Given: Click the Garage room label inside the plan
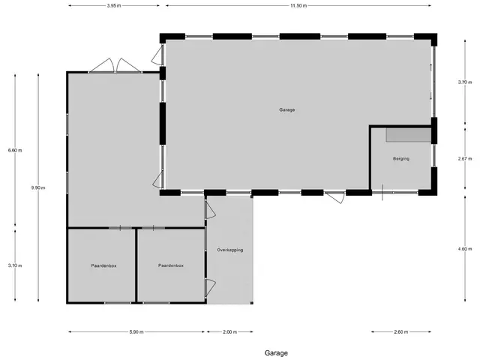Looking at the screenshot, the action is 286,109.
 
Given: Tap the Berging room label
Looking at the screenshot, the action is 401,158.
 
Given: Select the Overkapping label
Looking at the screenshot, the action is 230,250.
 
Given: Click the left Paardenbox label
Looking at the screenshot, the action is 103,265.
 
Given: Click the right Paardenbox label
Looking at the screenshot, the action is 171,265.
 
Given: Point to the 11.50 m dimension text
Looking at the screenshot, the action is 298,5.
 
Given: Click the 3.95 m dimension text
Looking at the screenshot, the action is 114,5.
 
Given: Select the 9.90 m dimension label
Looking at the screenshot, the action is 38,187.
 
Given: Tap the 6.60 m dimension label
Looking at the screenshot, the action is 15,150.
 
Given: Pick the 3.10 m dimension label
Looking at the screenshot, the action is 15,265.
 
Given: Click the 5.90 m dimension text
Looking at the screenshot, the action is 136,331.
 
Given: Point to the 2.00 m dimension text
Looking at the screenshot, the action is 230,331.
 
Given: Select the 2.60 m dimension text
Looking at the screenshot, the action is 401,331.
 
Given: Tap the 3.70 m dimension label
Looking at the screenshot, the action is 465,82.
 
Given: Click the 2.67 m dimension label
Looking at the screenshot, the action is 465,158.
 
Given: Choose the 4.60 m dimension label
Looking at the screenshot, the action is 465,249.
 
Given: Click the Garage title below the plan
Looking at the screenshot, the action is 276,353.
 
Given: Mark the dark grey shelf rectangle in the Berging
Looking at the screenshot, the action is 408,135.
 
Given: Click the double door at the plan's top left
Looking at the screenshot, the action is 115,65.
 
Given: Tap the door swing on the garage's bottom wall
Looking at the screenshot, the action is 334,197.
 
